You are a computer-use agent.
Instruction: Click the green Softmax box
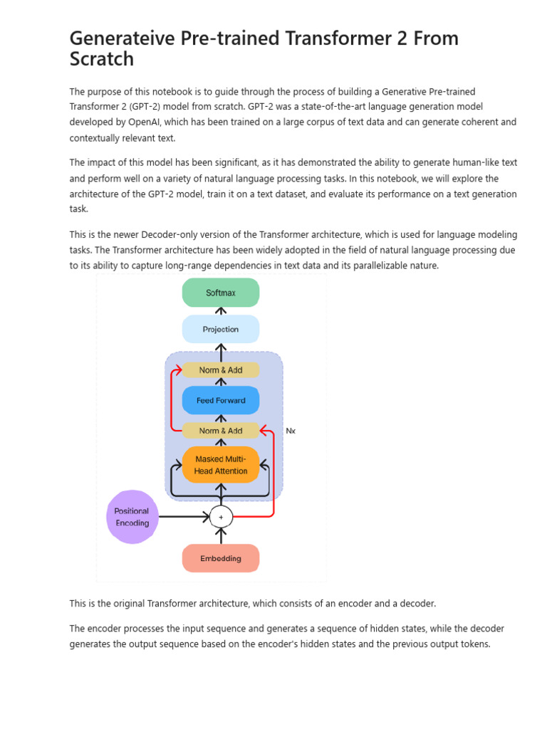221,293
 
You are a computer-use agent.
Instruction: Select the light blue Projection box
221,330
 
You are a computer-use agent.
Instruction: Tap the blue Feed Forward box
221,400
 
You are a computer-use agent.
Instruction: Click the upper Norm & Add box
221,370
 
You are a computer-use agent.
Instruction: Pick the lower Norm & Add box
221,431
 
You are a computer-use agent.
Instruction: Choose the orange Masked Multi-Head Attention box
221,465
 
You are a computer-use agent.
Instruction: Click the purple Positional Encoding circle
132,517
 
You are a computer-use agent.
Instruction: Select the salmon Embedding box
221,558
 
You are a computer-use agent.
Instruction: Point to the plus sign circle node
221,517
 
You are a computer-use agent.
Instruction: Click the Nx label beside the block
291,431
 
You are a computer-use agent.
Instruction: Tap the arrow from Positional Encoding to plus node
184,517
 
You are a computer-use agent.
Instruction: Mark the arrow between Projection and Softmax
221,311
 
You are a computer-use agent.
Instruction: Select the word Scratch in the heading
101,59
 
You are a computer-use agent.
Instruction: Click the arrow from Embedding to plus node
221,535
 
